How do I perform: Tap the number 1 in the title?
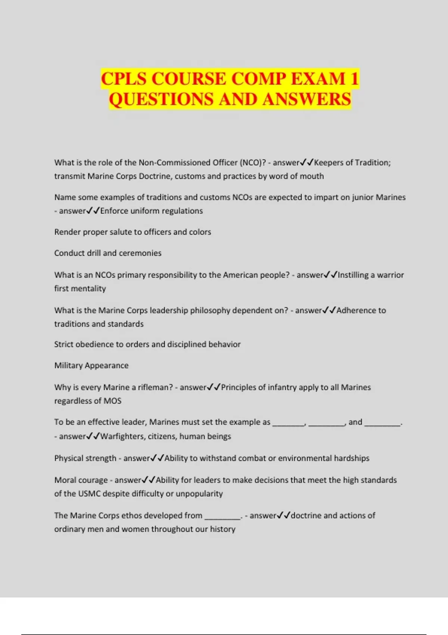[x=354, y=79]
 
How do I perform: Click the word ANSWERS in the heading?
[x=307, y=99]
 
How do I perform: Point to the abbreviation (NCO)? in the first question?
[x=253, y=162]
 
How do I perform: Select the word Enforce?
[x=114, y=211]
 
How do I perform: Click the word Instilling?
[x=356, y=275]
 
